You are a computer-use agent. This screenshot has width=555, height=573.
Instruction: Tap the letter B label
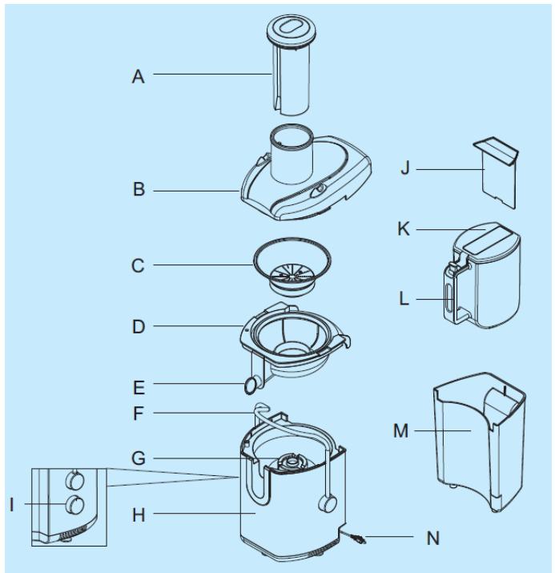[138, 192]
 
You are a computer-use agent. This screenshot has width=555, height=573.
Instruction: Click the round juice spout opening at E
[251, 386]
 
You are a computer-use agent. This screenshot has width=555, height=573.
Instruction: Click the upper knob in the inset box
[74, 479]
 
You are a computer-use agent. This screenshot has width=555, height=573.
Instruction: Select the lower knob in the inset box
[74, 505]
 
